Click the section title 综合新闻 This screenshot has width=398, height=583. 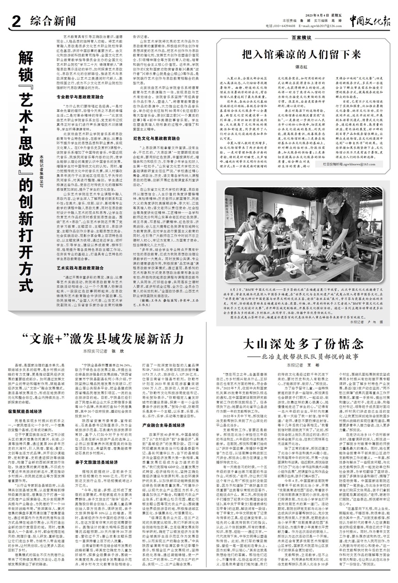[x=51, y=20]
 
